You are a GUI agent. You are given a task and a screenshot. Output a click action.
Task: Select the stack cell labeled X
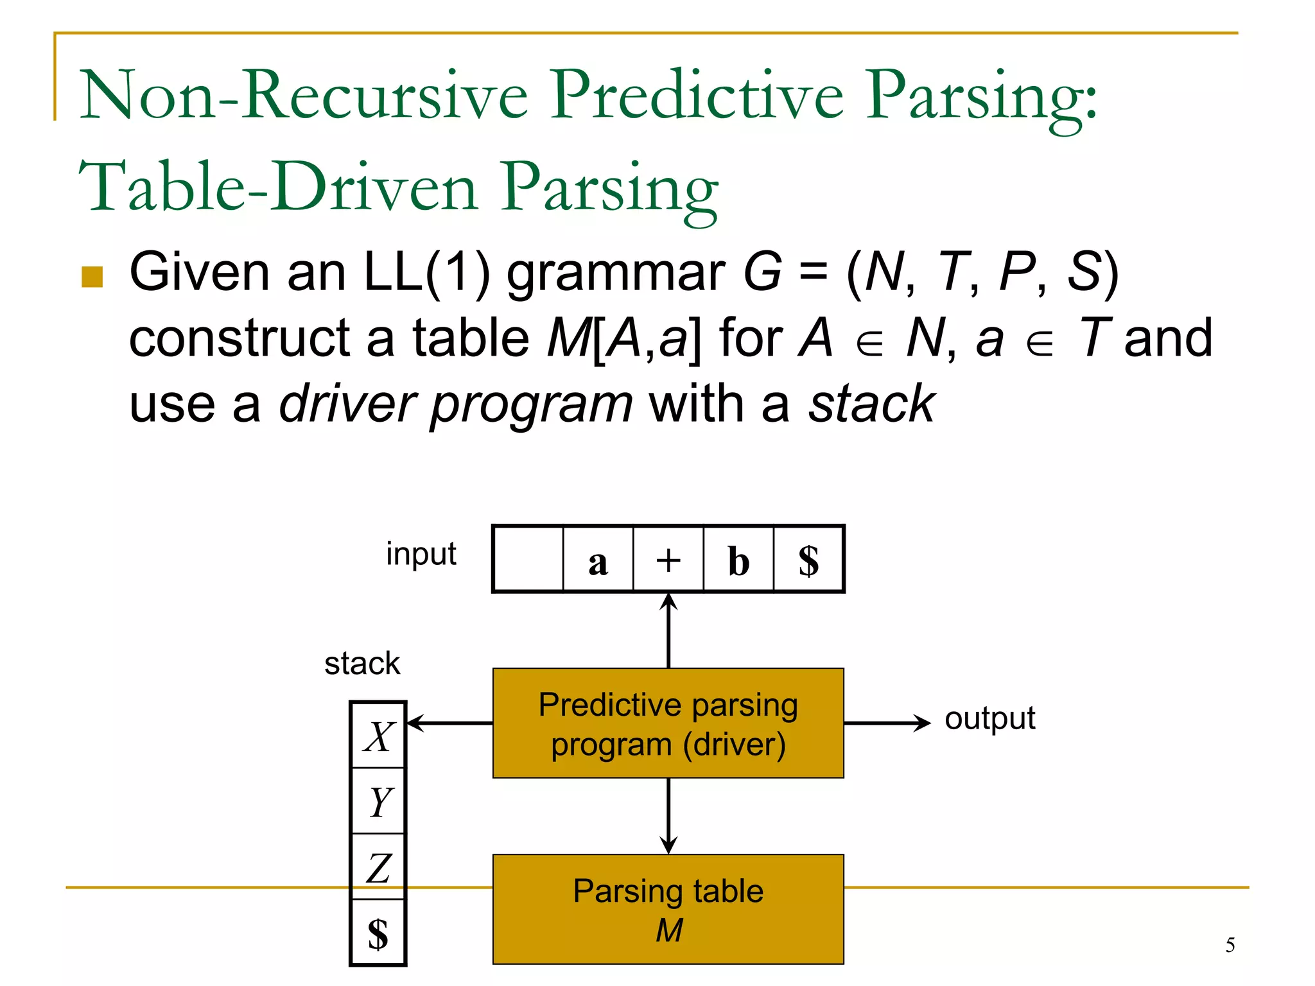(x=378, y=736)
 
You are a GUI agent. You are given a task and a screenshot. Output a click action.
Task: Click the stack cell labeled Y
(x=378, y=801)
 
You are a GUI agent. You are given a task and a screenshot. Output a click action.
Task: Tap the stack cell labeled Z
(x=378, y=867)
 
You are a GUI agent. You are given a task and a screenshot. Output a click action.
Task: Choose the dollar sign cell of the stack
(x=378, y=932)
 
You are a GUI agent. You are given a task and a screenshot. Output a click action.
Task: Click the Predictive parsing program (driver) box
(x=668, y=723)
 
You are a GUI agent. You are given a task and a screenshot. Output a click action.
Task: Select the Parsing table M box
(x=668, y=909)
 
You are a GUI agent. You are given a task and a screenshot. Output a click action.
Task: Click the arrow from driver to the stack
(x=450, y=723)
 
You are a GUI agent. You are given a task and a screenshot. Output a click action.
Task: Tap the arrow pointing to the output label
(x=887, y=723)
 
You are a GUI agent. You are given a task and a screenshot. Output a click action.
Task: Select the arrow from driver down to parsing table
(x=668, y=816)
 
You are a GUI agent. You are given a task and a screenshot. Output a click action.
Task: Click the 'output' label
(x=989, y=718)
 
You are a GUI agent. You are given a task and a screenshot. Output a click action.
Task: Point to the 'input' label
(x=421, y=553)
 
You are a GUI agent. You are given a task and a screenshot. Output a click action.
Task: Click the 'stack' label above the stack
(x=362, y=663)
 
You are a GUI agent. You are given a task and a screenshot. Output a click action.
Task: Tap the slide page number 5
(x=1230, y=945)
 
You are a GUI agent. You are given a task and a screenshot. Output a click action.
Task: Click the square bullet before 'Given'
(x=92, y=277)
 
